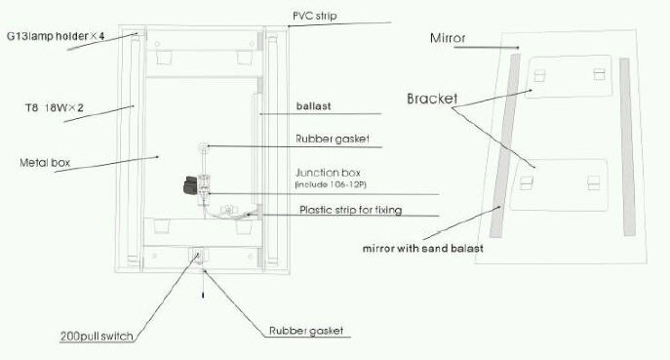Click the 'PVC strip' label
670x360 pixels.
click(314, 17)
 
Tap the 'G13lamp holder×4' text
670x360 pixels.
click(56, 36)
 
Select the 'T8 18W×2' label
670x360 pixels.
click(55, 107)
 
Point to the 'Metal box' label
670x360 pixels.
click(45, 163)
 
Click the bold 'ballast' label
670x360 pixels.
click(314, 106)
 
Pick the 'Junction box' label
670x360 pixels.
click(328, 173)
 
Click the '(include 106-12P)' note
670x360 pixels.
click(331, 184)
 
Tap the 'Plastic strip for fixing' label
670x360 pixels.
click(350, 210)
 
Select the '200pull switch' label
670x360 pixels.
click(97, 336)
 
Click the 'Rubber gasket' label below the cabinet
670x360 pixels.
click(306, 331)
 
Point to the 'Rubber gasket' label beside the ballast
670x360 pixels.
click(333, 139)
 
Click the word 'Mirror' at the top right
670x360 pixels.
click(448, 38)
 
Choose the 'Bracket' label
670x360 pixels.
click(432, 99)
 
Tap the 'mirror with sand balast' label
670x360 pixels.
click(423, 249)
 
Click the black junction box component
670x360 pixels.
click(190, 184)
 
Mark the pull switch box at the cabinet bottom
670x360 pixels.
click(197, 257)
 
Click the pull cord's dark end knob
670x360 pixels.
click(203, 295)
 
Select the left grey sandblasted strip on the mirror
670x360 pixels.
click(505, 145)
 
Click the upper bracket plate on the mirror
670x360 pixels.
click(570, 77)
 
